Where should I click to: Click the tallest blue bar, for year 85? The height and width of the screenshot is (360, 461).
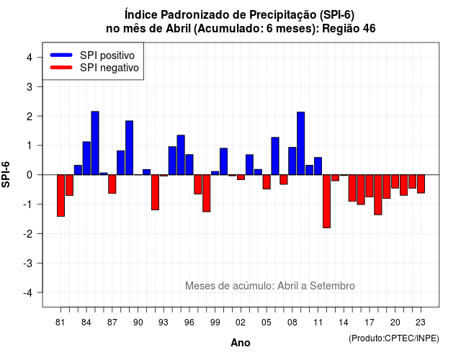(95, 143)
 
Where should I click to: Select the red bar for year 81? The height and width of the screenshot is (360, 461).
(61, 195)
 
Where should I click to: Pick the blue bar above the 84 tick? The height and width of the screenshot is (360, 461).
(86, 158)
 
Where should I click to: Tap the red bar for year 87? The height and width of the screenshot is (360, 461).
(112, 184)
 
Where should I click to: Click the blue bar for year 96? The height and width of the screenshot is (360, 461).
(189, 165)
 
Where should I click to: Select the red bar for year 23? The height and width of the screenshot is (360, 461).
(421, 184)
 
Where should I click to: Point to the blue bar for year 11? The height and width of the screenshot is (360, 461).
(318, 166)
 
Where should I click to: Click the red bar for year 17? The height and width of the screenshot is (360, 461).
(370, 186)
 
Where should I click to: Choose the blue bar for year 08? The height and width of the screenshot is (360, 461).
(292, 161)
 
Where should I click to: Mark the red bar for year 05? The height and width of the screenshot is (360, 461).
(267, 181)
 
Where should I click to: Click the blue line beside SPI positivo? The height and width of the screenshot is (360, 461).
(61, 55)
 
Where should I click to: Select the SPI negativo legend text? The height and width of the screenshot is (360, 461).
(109, 68)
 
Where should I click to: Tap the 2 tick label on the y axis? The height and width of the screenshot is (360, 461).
(30, 117)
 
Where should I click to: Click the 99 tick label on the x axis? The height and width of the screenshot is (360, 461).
(215, 323)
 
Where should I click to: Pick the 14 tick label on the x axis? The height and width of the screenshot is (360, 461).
(344, 323)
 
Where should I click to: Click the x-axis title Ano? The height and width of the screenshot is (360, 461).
(241, 343)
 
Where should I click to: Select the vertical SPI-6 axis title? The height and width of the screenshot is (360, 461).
(6, 174)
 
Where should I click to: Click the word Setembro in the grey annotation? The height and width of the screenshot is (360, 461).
(332, 286)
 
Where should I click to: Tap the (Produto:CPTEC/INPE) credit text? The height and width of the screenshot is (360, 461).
(394, 338)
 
